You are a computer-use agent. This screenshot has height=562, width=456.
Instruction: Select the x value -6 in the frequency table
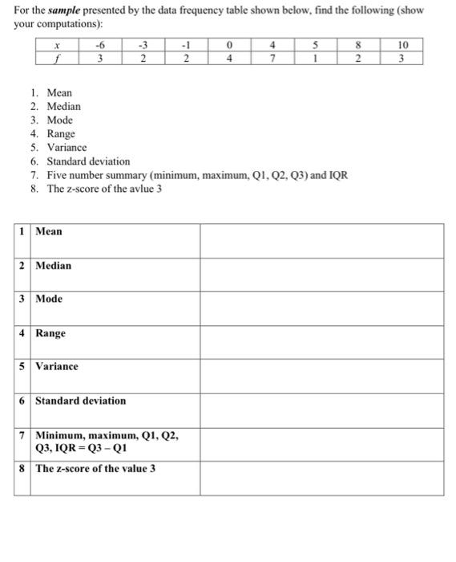99,45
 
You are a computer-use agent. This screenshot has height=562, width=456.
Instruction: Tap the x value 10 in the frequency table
402,45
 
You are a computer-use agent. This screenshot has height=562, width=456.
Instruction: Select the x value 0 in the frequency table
229,45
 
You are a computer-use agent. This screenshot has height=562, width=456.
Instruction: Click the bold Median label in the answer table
53,265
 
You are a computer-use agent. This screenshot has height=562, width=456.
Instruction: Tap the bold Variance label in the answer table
57,366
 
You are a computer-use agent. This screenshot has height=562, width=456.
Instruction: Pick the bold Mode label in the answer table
49,299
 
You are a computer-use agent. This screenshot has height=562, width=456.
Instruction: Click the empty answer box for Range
321,341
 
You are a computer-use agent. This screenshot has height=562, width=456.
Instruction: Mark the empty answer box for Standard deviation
321,409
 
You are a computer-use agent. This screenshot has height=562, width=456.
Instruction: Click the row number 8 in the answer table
22,468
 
